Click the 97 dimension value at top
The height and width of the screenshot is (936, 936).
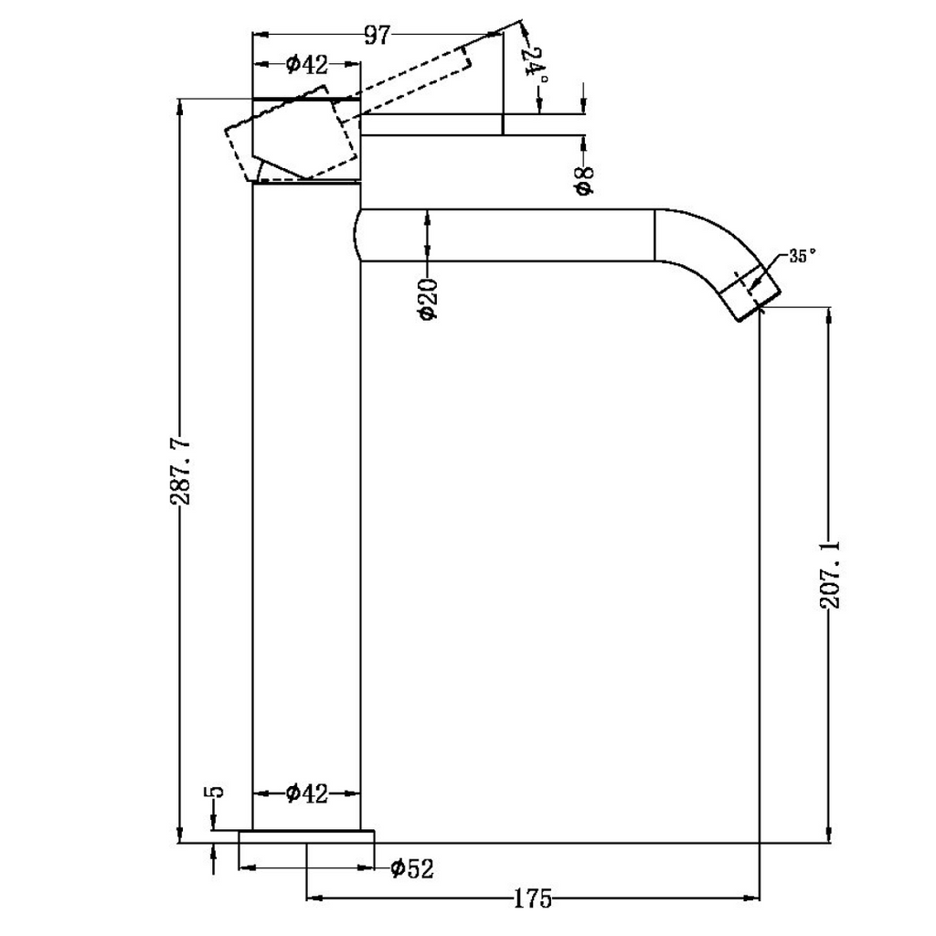point(378,36)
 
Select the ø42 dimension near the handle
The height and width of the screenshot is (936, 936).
point(306,64)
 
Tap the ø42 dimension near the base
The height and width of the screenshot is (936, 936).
point(306,793)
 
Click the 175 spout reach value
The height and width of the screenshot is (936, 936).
point(532,899)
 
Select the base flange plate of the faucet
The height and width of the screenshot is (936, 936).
point(306,836)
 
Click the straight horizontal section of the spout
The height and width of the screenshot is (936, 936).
point(507,237)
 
